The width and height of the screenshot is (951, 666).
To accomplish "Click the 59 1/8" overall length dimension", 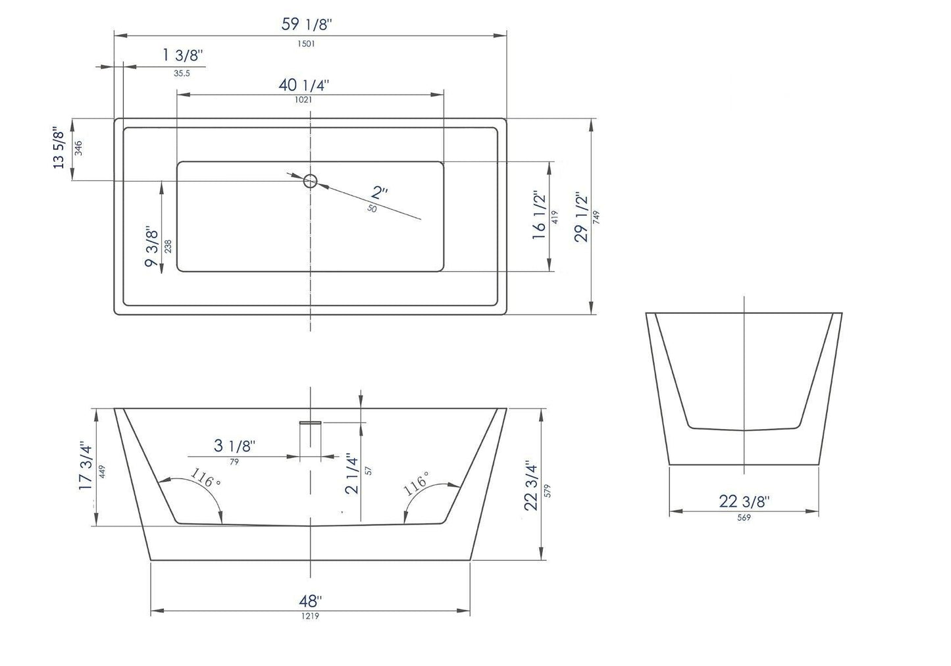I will [307, 25].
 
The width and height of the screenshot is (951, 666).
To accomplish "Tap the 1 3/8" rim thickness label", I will [184, 56].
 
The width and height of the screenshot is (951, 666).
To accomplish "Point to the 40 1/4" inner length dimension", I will [303, 86].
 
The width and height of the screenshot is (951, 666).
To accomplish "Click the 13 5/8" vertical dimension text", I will [60, 147].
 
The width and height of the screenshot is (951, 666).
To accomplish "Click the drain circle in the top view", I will [310, 180].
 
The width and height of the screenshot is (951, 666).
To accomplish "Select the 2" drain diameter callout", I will [380, 193].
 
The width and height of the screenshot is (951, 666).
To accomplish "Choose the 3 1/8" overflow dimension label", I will [235, 446].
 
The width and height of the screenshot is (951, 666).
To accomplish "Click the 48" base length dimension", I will [310, 602].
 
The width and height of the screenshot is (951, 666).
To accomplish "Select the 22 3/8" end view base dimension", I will [744, 501].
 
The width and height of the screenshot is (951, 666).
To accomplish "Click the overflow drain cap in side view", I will [310, 422].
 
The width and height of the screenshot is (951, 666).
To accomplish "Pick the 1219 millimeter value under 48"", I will [310, 616].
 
